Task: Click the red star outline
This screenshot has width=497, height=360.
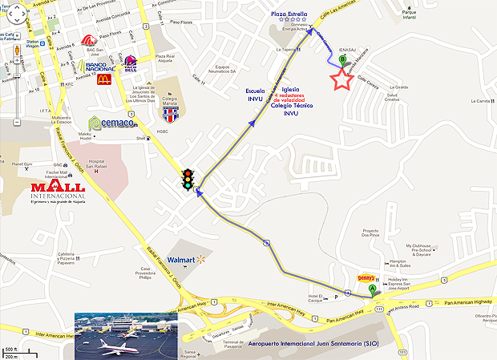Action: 342,79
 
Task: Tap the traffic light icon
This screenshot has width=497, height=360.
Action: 188,179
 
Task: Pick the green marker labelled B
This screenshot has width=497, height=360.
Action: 343,59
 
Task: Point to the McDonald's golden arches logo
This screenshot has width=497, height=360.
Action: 104,79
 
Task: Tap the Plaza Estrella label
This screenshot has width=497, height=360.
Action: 289,13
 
